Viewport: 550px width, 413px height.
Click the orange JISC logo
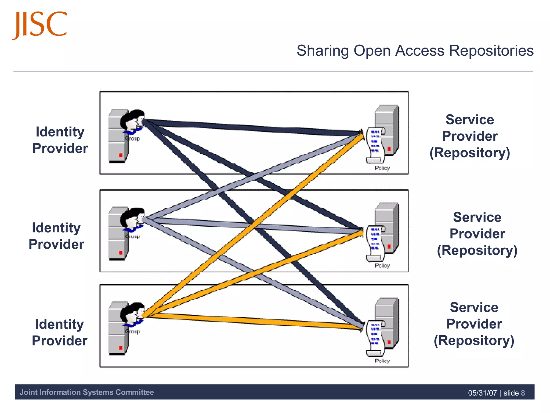(x=40, y=25)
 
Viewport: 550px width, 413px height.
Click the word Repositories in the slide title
(x=491, y=51)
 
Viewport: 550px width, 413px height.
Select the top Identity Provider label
(x=60, y=140)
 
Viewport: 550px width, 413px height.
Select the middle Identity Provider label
(x=56, y=236)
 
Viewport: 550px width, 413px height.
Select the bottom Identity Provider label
(x=59, y=332)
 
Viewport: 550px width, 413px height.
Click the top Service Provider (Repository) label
(x=470, y=136)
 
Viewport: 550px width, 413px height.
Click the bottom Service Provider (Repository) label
(x=474, y=324)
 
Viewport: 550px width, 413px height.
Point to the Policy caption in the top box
(x=382, y=168)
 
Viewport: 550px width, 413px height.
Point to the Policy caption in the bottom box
(x=382, y=361)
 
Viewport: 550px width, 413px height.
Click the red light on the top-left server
(x=121, y=155)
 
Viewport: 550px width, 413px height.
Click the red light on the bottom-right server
(x=389, y=342)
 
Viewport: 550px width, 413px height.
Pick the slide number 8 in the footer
(x=523, y=393)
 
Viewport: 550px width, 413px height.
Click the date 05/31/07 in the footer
(x=482, y=393)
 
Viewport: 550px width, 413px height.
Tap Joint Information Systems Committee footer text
(x=86, y=392)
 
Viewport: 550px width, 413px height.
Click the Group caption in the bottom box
(x=133, y=332)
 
